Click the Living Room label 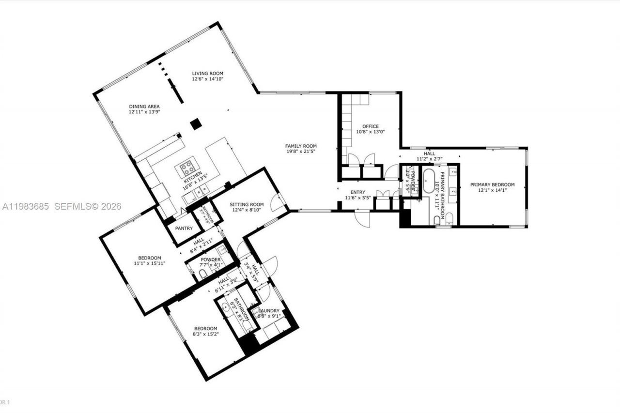pyautogui.click(x=207, y=73)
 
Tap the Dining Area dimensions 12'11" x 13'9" pyautogui.click(x=144, y=112)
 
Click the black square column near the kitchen pyautogui.click(x=196, y=124)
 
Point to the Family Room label pyautogui.click(x=300, y=146)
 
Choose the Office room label pyautogui.click(x=371, y=126)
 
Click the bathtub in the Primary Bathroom pyautogui.click(x=429, y=182)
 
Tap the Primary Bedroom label pyautogui.click(x=492, y=184)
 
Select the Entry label pyautogui.click(x=357, y=192)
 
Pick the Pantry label pyautogui.click(x=184, y=229)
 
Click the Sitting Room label pyautogui.click(x=247, y=204)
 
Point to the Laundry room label pyautogui.click(x=268, y=311)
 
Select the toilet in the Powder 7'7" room pyautogui.click(x=203, y=275)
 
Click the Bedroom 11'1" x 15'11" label pyautogui.click(x=149, y=258)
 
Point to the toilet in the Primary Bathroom pyautogui.click(x=437, y=220)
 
